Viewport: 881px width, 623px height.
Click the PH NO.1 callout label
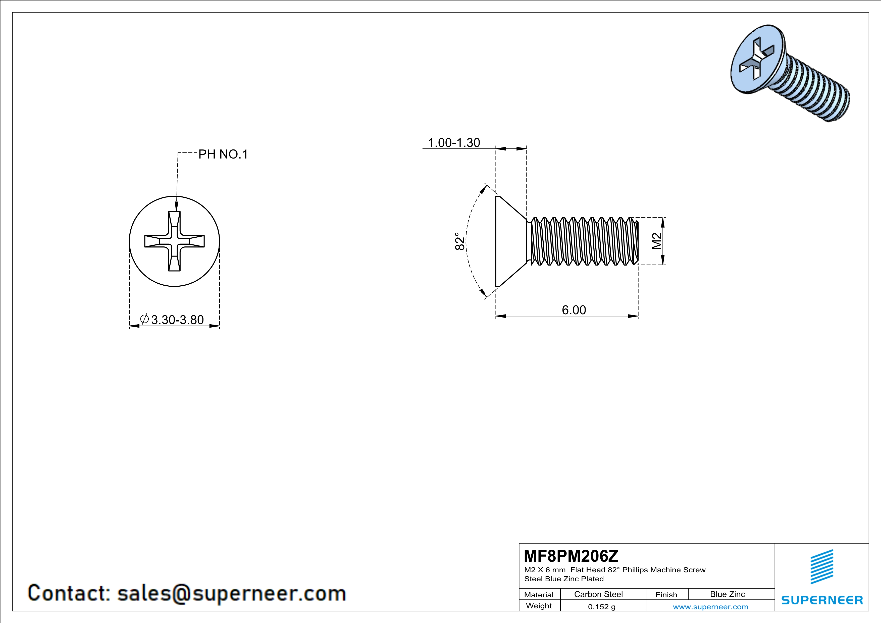pyautogui.click(x=223, y=154)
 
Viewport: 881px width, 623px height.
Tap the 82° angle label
pyautogui.click(x=459, y=241)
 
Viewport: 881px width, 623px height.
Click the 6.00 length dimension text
pyautogui.click(x=574, y=310)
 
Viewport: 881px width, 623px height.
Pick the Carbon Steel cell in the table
pyautogui.click(x=598, y=594)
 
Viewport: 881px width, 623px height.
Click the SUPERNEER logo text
pyautogui.click(x=822, y=600)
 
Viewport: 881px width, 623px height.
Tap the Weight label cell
pyautogui.click(x=539, y=606)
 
